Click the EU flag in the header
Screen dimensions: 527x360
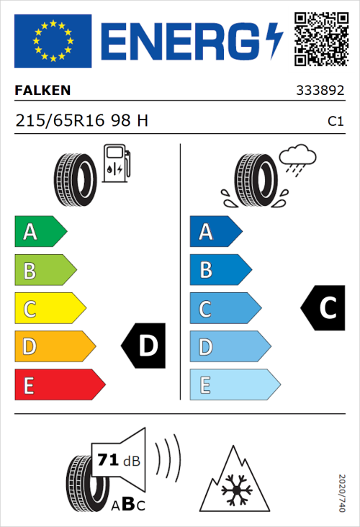(x=53, y=40)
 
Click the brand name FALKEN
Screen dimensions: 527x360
(x=42, y=91)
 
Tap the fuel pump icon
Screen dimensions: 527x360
(x=116, y=163)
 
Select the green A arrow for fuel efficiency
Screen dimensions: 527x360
(x=40, y=232)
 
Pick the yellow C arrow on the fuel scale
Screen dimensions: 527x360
(x=49, y=309)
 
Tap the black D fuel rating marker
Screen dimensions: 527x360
(x=144, y=346)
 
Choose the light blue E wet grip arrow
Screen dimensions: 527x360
(x=233, y=385)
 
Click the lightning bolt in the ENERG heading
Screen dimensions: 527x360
(x=273, y=40)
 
